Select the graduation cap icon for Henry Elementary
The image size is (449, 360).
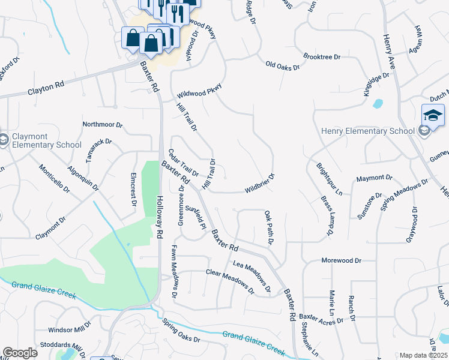[433, 115]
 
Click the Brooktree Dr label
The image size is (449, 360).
[322, 57]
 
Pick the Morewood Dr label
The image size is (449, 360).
[341, 260]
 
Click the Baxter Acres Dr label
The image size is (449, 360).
[321, 318]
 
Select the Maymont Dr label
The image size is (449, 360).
[373, 178]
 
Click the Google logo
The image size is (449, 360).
[20, 353]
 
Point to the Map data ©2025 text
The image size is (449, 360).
[423, 355]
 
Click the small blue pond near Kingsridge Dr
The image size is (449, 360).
[378, 103]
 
